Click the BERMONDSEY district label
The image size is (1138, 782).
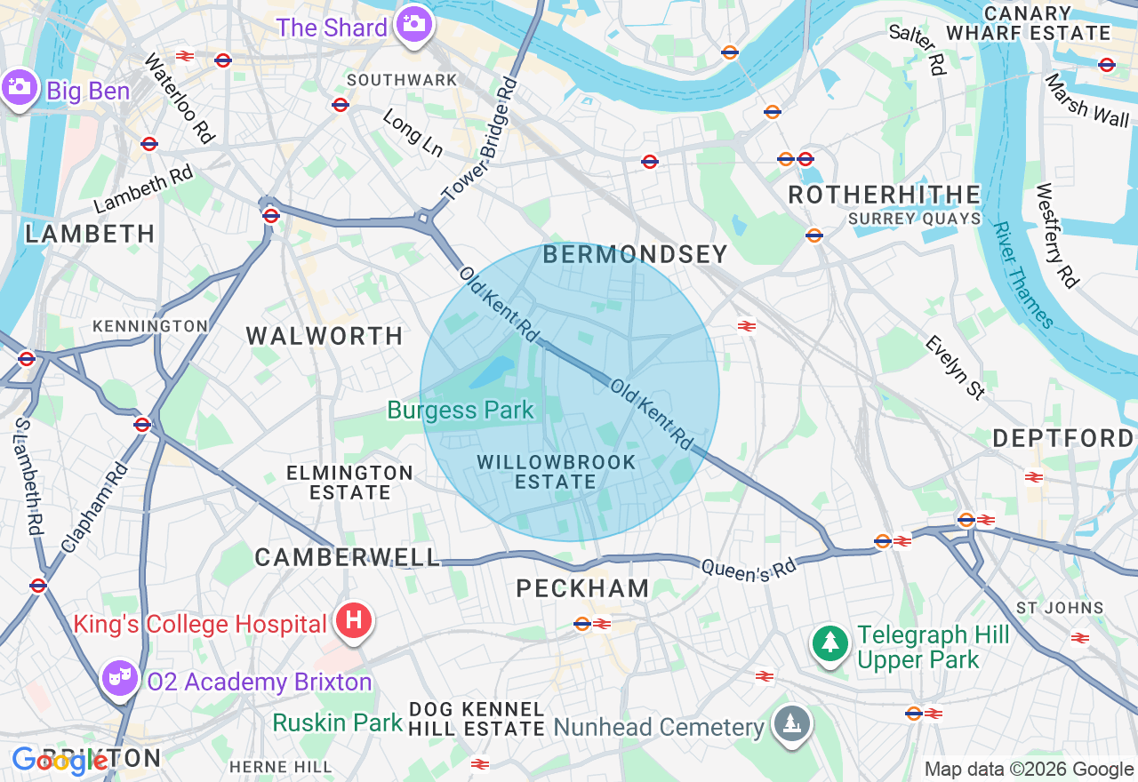point(635,255)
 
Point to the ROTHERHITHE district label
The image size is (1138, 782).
point(884,195)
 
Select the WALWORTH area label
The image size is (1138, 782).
point(325,336)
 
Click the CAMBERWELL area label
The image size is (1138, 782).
point(348,557)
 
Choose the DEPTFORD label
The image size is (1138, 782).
point(1062,438)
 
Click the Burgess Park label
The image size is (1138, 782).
point(461,410)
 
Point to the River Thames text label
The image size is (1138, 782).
point(1023,275)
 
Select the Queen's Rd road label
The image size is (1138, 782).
point(735,571)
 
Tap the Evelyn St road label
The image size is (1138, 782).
point(955,367)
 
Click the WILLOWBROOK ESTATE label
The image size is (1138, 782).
point(556,472)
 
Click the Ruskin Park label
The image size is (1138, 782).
point(337,722)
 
